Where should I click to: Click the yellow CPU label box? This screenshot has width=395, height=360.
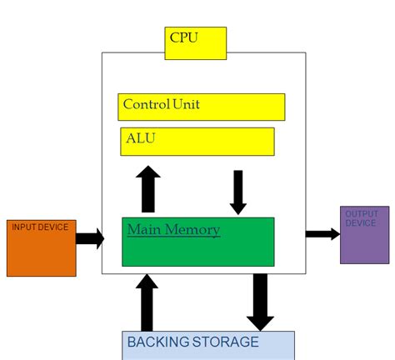coord(195,42)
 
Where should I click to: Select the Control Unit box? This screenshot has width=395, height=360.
coord(201,107)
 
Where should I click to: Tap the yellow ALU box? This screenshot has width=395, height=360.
coord(197,141)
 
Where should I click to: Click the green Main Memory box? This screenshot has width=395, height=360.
coord(197,242)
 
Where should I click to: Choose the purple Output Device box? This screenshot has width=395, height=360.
coord(364,235)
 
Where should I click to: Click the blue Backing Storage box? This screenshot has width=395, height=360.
coord(208,345)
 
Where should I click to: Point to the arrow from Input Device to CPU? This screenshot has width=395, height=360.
coord(90,239)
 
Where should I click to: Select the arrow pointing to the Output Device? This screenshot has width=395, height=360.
coord(322,234)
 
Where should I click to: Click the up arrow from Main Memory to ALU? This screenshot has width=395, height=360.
coord(148,189)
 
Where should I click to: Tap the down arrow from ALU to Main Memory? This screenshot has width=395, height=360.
coord(238,192)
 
